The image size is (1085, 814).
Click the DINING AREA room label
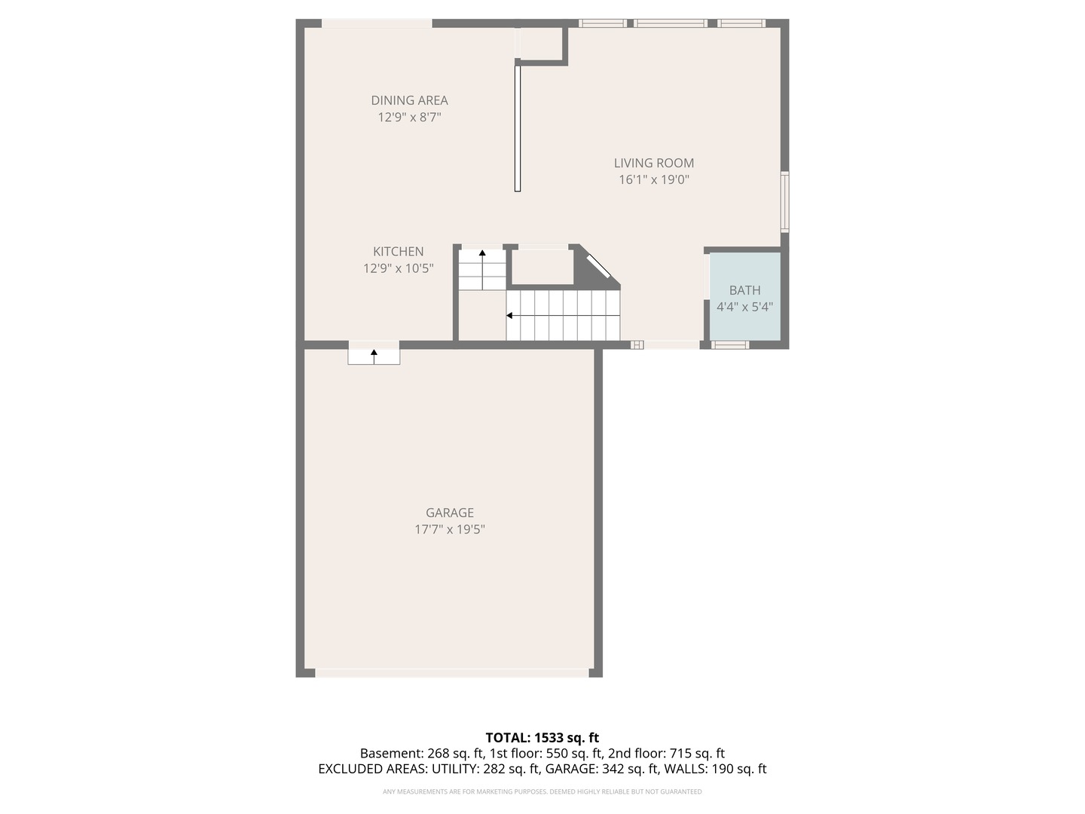[409, 100]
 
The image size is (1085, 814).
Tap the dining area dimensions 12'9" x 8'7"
[409, 117]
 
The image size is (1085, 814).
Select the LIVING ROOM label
[653, 163]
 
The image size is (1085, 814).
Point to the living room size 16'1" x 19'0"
[653, 179]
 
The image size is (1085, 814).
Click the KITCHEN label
[398, 252]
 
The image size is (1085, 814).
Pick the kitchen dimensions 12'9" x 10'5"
[398, 268]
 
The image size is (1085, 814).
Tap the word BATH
[744, 290]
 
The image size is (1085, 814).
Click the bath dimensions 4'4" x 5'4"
[744, 307]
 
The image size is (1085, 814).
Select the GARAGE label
[449, 513]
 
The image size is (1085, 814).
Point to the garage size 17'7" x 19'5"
[449, 529]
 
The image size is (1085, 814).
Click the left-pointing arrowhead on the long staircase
[509, 315]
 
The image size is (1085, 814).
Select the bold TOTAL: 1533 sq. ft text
[542, 738]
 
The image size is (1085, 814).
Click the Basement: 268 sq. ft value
[422, 753]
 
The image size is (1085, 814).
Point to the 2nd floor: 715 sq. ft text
[666, 753]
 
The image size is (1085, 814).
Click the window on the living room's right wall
[784, 202]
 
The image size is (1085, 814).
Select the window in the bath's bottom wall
[729, 345]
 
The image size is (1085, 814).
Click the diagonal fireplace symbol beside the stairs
[598, 267]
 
